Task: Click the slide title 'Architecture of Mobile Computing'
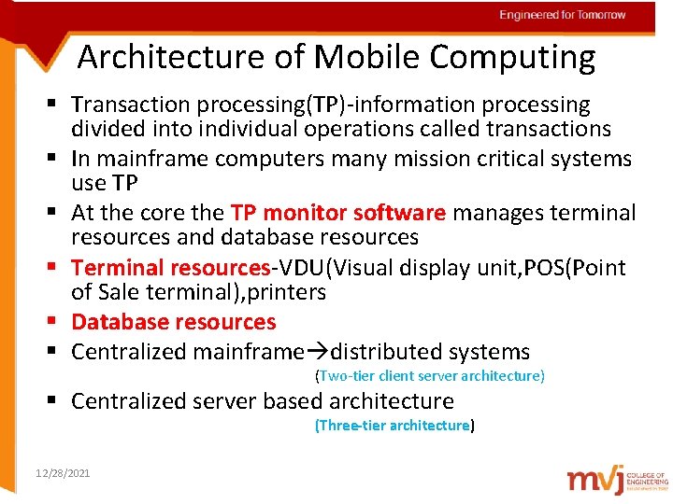[336, 57]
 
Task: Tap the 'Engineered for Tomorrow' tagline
[562, 15]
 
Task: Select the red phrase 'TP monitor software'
[338, 213]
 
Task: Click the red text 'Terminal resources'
[170, 268]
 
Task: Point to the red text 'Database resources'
[174, 322]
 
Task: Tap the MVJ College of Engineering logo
[616, 479]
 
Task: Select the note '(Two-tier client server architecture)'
[430, 376]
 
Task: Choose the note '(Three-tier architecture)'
[395, 426]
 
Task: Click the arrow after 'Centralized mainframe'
[318, 352]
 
